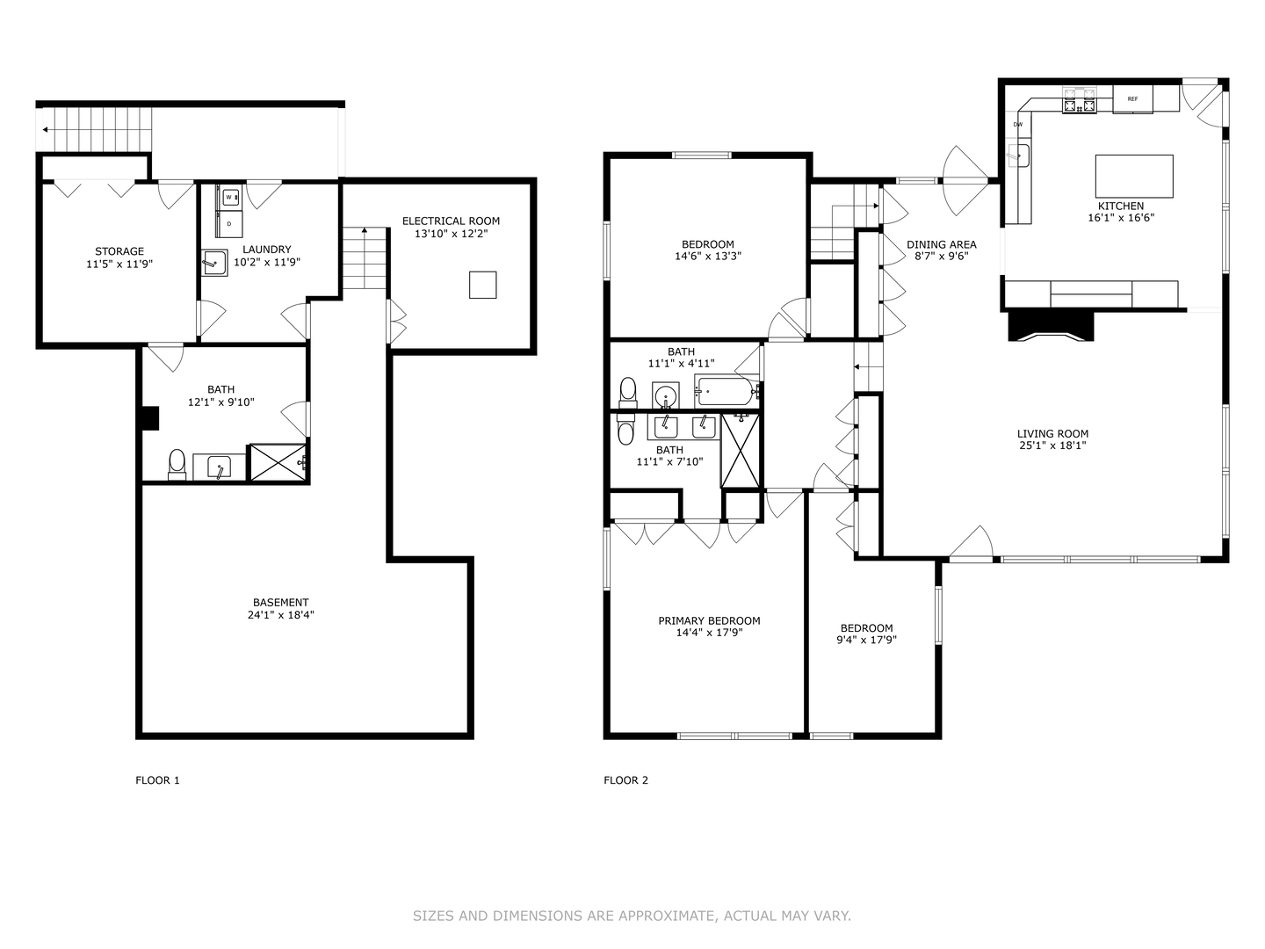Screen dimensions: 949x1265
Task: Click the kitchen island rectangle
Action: [1133, 176]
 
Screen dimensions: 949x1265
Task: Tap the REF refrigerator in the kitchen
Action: [1132, 98]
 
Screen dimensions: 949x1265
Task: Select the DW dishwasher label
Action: [1018, 125]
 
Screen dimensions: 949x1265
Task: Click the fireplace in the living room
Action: [1052, 326]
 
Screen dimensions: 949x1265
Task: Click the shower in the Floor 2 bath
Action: [741, 450]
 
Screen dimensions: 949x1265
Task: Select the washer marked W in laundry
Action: [229, 197]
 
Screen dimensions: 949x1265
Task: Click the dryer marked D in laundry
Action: [229, 224]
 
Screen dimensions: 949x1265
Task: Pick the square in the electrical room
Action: [482, 285]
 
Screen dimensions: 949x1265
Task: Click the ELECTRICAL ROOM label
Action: [451, 221]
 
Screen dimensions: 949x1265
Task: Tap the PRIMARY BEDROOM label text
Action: [709, 620]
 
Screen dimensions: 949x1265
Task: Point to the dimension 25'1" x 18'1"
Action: [1052, 446]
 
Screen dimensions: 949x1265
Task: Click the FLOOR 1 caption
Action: [157, 780]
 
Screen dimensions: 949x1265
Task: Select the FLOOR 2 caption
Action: [625, 780]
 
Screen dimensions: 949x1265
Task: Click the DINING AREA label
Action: [941, 244]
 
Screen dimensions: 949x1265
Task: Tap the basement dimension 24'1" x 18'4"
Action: [280, 615]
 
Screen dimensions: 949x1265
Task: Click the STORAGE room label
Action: [119, 251]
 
